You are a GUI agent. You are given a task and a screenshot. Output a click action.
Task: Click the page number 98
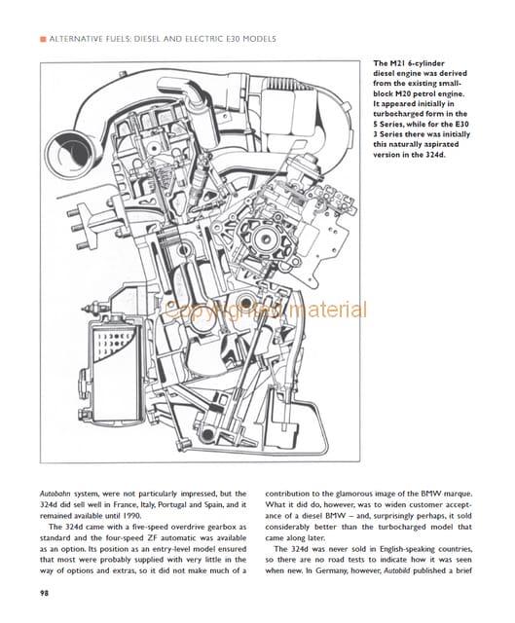(44, 594)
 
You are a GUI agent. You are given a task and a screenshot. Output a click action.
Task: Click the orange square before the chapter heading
(43, 39)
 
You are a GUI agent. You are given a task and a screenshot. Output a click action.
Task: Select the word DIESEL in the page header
(148, 39)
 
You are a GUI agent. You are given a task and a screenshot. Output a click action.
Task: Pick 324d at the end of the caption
(435, 155)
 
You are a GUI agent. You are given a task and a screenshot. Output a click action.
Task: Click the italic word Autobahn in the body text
(55, 494)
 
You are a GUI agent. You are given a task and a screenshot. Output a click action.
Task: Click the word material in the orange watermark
(328, 311)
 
